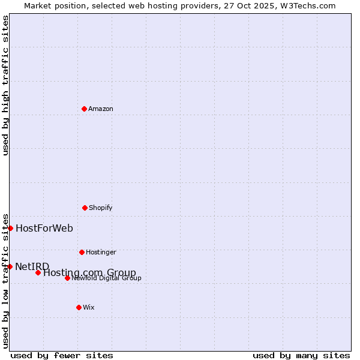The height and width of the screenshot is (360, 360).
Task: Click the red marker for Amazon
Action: pos(84,109)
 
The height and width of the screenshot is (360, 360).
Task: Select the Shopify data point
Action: pos(85,208)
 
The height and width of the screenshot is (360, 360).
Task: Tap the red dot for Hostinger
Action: pos(82,252)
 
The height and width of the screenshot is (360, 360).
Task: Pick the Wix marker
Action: pos(79,307)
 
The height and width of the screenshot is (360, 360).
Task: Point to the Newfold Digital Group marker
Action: pos(67,278)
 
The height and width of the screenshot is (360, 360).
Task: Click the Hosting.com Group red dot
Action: pos(38,272)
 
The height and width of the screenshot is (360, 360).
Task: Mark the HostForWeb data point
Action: pos(10,228)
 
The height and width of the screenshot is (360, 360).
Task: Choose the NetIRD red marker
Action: pos(10,266)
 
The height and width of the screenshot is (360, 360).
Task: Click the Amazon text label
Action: pos(101,109)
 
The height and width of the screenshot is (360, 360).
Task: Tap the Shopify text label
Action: pos(101,208)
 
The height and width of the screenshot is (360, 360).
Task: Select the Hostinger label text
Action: pos(101,252)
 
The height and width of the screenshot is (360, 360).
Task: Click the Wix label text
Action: pos(89,307)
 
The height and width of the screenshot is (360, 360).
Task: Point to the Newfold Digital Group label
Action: pos(107,278)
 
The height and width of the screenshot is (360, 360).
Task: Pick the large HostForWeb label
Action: pos(44,228)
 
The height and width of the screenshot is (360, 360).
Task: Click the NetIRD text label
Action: pos(32,266)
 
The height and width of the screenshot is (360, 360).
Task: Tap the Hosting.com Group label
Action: pos(90,272)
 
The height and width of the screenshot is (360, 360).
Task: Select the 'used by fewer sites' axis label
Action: pos(62,355)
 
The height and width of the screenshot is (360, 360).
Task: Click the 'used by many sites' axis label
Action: pos(301,355)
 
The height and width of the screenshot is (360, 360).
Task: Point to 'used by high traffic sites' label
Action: pos(5,85)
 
